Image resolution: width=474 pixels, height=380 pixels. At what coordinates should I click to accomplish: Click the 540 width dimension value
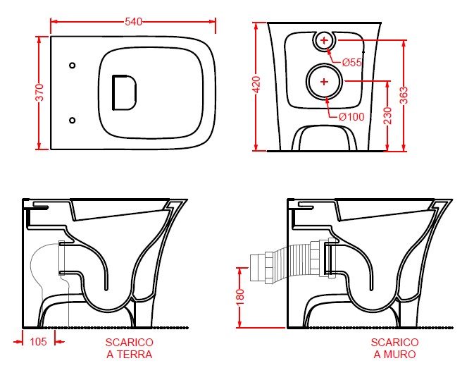pyautogui.click(x=133, y=22)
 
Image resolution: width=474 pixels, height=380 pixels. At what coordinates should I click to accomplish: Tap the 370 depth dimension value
pyautogui.click(x=40, y=92)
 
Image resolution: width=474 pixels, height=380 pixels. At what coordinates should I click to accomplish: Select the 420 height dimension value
pyautogui.click(x=256, y=85)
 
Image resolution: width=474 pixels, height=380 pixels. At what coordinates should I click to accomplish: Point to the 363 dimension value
pyautogui.click(x=404, y=95)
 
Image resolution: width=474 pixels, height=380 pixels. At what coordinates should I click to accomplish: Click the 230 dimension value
pyautogui.click(x=387, y=116)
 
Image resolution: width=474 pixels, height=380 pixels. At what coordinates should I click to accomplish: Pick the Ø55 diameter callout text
pyautogui.click(x=352, y=62)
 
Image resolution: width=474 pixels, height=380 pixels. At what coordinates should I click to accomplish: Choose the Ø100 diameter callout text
pyautogui.click(x=351, y=116)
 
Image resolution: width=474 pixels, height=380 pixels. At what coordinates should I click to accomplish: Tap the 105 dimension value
pyautogui.click(x=39, y=341)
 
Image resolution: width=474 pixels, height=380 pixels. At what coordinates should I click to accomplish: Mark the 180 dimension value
pyautogui.click(x=240, y=298)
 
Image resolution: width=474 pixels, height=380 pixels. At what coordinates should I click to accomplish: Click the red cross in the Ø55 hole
pyautogui.click(x=324, y=40)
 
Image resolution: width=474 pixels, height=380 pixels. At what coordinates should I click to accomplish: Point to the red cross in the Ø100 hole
pyautogui.click(x=324, y=81)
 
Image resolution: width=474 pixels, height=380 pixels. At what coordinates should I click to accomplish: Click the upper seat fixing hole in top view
pyautogui.click(x=73, y=65)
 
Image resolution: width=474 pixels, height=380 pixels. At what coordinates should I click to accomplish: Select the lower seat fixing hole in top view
pyautogui.click(x=73, y=120)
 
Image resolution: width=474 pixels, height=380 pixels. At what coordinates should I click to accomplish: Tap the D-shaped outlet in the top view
pyautogui.click(x=113, y=92)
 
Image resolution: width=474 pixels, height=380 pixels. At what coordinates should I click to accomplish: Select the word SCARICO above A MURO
pyautogui.click(x=395, y=342)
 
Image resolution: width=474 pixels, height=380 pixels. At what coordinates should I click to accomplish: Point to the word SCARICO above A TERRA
pyautogui.click(x=130, y=342)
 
